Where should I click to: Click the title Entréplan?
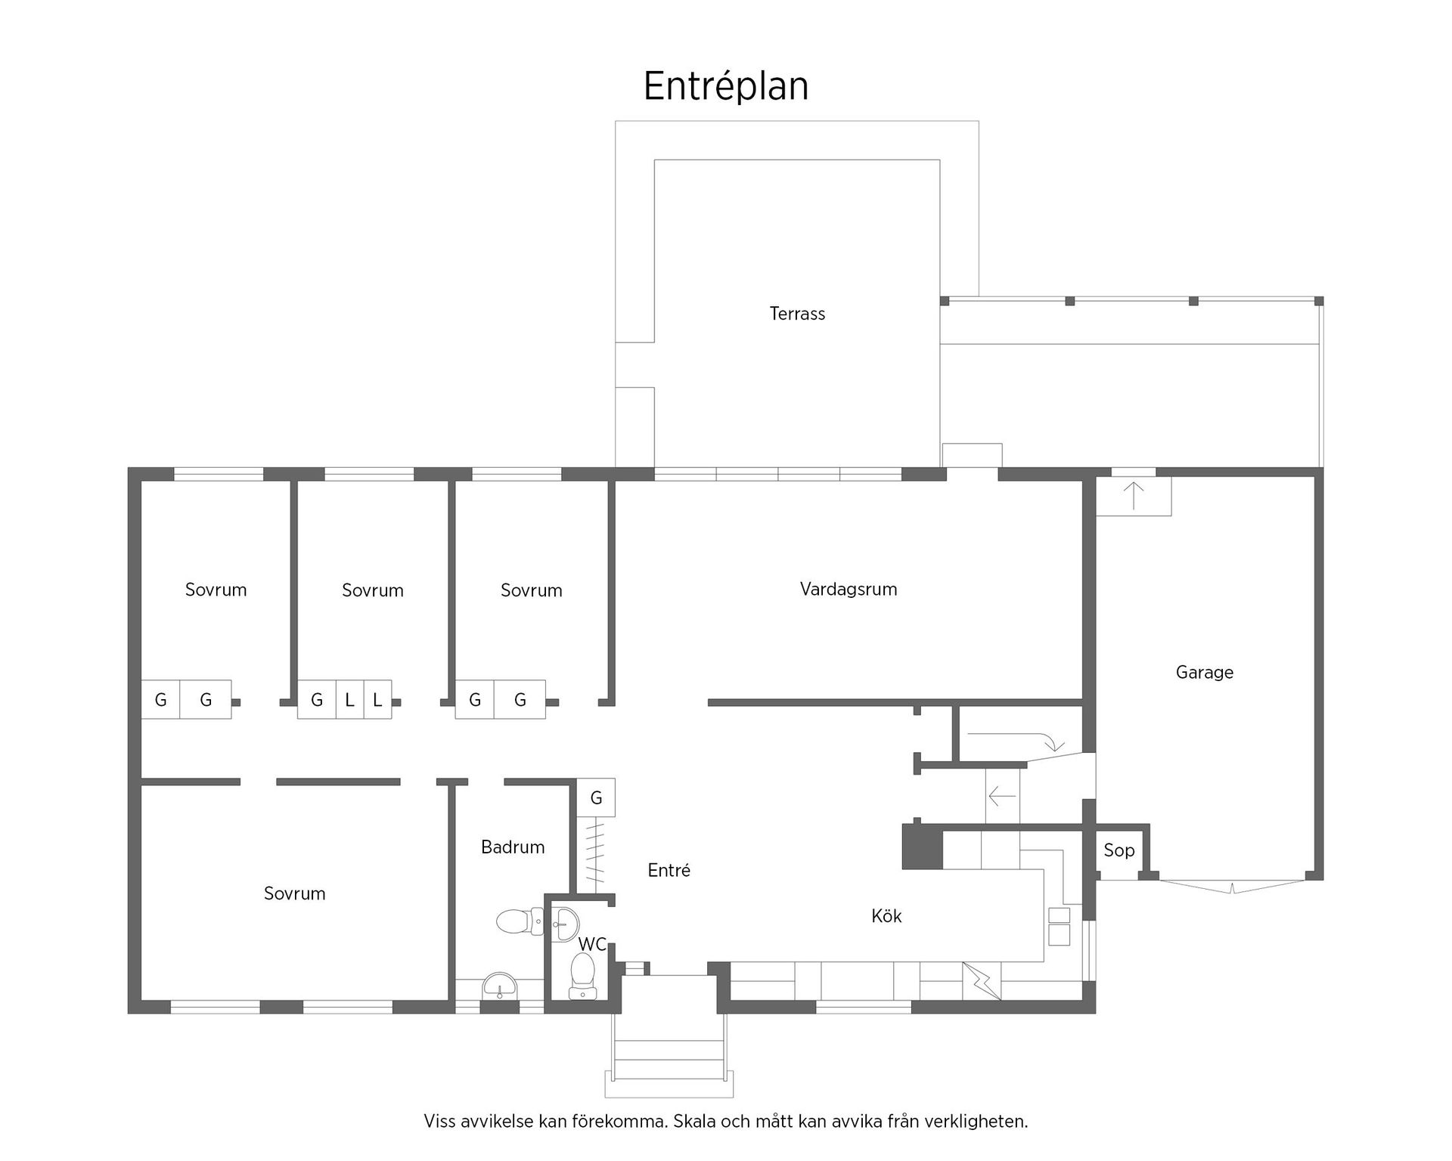[726, 86]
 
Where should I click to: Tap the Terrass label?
[797, 314]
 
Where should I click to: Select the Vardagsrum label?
[849, 590]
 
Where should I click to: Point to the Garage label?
[1205, 672]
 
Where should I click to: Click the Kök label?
[886, 916]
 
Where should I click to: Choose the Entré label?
[669, 870]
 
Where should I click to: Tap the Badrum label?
[513, 847]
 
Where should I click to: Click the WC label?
[592, 944]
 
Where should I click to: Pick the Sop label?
[1119, 850]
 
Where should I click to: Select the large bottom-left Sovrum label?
[294, 893]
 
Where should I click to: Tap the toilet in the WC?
[582, 975]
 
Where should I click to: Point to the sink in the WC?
[564, 925]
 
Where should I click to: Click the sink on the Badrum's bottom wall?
[500, 986]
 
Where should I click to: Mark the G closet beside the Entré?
[596, 797]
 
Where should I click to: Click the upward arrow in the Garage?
[1133, 496]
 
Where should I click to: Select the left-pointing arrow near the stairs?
[1002, 796]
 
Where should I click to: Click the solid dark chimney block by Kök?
[923, 847]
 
